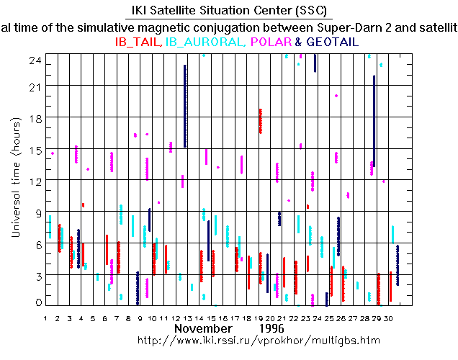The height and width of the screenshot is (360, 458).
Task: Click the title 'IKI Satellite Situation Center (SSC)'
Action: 229,11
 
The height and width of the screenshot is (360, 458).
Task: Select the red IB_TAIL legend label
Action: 138,42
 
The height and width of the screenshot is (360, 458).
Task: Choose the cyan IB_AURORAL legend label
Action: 205,42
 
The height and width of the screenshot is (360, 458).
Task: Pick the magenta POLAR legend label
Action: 273,42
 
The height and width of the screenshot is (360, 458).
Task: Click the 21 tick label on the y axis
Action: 34,86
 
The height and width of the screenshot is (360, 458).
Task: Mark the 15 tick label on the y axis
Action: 34,149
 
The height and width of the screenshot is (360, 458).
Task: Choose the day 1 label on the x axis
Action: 46,318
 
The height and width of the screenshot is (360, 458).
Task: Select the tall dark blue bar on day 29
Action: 374,120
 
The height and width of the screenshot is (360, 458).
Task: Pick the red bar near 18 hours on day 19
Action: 261,121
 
